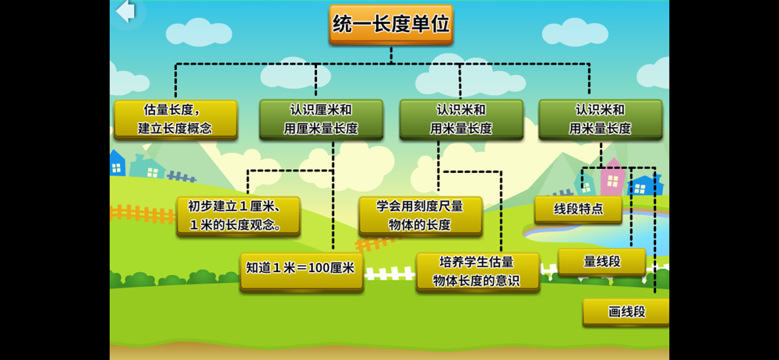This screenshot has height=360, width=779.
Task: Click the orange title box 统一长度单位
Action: [x=390, y=24]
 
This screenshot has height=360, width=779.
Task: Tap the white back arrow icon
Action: [x=125, y=12]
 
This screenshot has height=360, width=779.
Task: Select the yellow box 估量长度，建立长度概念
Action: [x=175, y=119]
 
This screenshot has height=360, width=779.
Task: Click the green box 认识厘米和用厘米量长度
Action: [x=321, y=119]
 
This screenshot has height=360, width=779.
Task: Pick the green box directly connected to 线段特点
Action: [x=600, y=119]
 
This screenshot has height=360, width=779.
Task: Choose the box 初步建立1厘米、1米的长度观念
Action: [x=238, y=216]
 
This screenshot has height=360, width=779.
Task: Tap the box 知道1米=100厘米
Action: [x=301, y=270]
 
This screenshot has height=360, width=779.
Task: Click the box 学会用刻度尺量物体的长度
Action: [x=420, y=216]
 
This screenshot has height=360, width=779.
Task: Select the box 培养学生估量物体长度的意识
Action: [x=478, y=271]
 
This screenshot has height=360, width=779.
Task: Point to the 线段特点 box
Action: [x=578, y=209]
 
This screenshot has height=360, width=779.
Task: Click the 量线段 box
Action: [x=602, y=262]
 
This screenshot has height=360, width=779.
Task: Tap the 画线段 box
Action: [x=626, y=312]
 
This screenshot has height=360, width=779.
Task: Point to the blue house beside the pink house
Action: [x=643, y=185]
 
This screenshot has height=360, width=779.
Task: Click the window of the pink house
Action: [x=612, y=182]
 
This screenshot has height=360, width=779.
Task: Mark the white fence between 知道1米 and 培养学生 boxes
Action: [x=389, y=274]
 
